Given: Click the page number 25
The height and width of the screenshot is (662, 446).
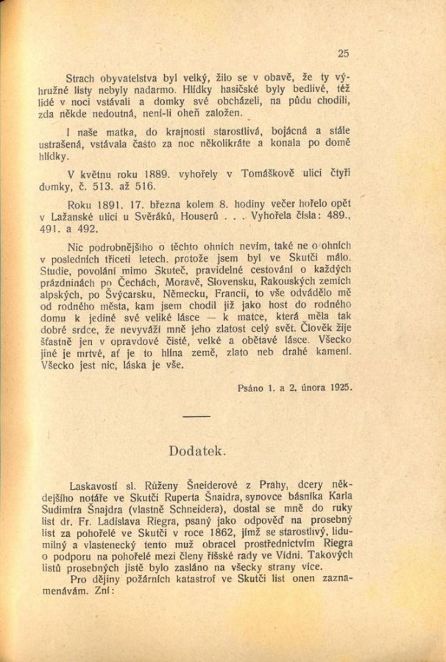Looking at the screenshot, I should (343, 52).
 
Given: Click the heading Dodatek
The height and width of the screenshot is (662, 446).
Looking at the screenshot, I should (196, 449).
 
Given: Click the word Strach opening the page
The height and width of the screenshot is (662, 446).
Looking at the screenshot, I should (82, 76).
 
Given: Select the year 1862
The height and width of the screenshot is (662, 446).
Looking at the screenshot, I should (252, 531).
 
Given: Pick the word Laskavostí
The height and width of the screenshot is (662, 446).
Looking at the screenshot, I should (96, 486).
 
